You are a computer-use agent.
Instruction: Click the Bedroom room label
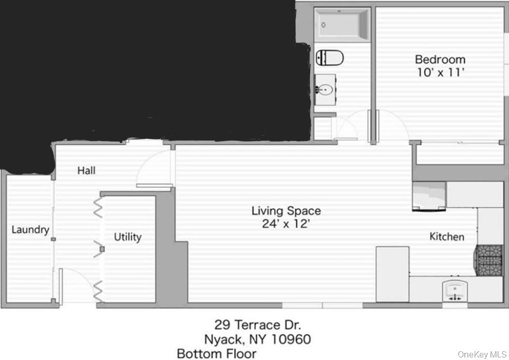coord(440,59)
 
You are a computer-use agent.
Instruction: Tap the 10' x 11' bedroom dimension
coord(440,72)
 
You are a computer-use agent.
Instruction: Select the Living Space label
coord(286,210)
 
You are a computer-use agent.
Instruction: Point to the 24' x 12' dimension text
coord(286,224)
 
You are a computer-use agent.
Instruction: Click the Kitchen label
coord(446,236)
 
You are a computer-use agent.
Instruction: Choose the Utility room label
coord(127,237)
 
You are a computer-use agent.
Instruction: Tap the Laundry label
coord(30,229)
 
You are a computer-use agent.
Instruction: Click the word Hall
coord(86,170)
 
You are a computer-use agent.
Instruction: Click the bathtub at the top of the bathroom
coord(342,24)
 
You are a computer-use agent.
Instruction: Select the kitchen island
coord(393,274)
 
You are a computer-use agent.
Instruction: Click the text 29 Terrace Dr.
coord(257,325)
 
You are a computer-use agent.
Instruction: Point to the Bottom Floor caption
coord(216,353)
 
